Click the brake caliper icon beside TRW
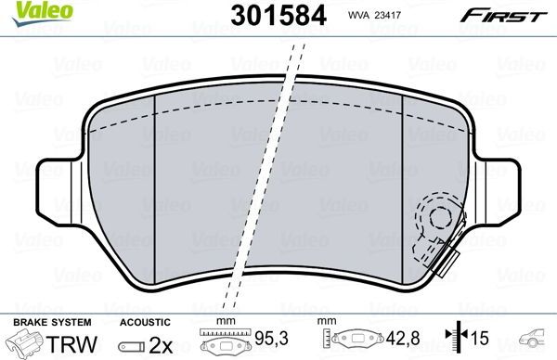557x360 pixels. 25,343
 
